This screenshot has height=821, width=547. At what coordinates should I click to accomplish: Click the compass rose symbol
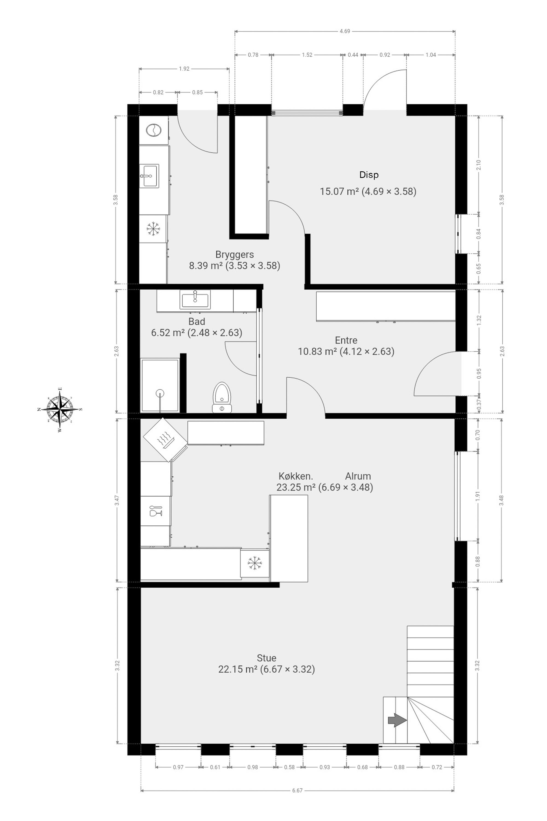pyautogui.click(x=60, y=409)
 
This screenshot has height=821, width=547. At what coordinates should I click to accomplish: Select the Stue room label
pyautogui.click(x=266, y=658)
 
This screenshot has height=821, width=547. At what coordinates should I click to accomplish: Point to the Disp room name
pyautogui.click(x=369, y=175)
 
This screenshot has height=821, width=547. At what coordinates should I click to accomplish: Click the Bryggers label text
pyautogui.click(x=234, y=255)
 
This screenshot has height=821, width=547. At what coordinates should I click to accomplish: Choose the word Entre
pyautogui.click(x=346, y=340)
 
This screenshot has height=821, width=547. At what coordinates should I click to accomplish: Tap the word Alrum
pyautogui.click(x=358, y=476)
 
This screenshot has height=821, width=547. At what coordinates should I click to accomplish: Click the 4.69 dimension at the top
pyautogui.click(x=345, y=31)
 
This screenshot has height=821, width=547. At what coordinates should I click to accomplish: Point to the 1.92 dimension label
pyautogui.click(x=184, y=69)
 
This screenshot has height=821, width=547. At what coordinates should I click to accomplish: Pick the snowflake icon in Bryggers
pyautogui.click(x=153, y=229)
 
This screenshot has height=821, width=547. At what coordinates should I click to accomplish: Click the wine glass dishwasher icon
pyautogui.click(x=156, y=511)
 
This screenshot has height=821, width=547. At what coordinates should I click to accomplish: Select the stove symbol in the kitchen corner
pyautogui.click(x=165, y=440)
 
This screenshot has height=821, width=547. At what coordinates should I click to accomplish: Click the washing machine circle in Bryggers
pyautogui.click(x=153, y=130)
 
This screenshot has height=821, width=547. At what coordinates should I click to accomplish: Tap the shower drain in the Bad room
pyautogui.click(x=160, y=394)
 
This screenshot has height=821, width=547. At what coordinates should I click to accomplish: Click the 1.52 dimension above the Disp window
pyautogui.click(x=307, y=55)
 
